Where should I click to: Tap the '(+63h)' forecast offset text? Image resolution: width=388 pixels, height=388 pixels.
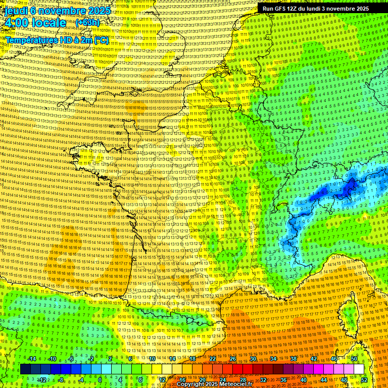tap(87, 23)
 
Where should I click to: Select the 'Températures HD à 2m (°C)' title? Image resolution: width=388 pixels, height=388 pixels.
tap(57, 39)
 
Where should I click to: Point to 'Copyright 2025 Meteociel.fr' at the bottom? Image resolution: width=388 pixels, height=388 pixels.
tap(215, 384)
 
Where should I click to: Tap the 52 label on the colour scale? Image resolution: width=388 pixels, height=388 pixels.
tap(364, 379)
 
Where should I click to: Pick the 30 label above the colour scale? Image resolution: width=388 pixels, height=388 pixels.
tap(253, 359)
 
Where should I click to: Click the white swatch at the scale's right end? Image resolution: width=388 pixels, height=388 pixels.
tap(359, 369)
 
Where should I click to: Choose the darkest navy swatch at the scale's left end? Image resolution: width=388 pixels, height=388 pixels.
tap(25, 369)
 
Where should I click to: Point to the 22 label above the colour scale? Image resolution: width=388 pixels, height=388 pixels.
tap(213, 359)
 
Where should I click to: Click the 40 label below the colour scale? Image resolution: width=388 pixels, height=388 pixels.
tap(304, 379)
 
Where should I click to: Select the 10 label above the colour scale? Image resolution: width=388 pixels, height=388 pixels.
tap(152, 359)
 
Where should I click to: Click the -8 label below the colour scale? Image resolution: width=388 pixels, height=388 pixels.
tap(61, 379)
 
